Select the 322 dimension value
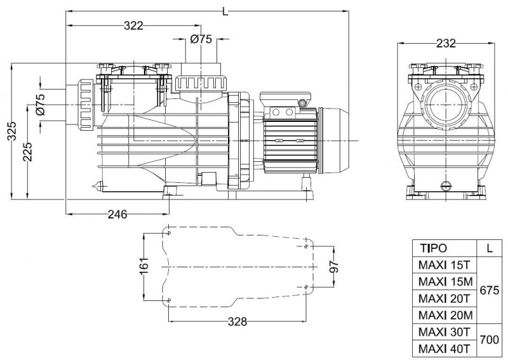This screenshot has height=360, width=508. (x=133, y=25)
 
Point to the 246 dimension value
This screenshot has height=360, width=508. (x=117, y=214)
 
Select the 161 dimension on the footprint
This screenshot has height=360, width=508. (x=143, y=267)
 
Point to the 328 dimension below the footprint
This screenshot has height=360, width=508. (x=236, y=321)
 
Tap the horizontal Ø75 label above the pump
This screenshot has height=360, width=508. (x=201, y=39)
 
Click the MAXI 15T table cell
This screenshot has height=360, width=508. (x=443, y=264)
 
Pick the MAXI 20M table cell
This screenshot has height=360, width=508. (x=443, y=314)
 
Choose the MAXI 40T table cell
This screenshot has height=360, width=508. (x=443, y=348)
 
